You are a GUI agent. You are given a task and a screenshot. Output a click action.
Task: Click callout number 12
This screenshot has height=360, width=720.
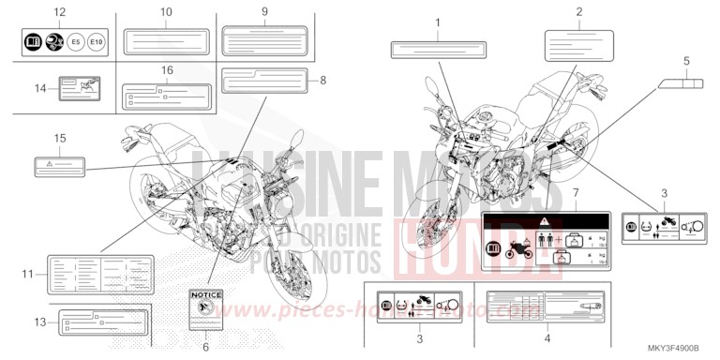pos(59,11)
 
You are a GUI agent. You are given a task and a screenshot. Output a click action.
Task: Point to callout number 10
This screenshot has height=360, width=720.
pos(166,11)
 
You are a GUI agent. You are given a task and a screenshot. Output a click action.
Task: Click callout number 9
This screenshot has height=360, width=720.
pos(265,11)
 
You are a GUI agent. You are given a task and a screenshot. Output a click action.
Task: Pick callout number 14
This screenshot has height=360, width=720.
pos(40,88)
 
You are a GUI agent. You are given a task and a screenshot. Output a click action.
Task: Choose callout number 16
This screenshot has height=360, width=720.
pos(166,70)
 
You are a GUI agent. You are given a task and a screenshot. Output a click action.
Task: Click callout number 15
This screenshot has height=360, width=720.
pos(59,138)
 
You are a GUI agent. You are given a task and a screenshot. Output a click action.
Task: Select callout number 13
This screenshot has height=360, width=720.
pos(40,322)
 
